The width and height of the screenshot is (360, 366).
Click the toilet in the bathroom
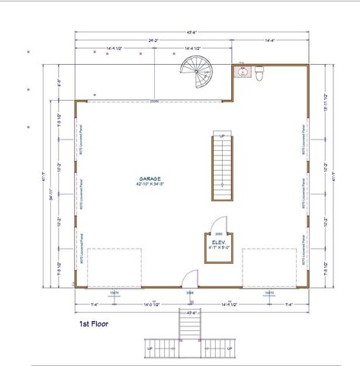(x=259, y=73)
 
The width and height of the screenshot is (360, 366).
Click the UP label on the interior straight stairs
(x=222, y=136)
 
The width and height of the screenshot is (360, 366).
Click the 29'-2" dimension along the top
(x=153, y=39)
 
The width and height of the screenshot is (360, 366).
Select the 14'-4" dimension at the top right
(x=270, y=39)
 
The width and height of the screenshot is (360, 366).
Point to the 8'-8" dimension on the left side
(x=59, y=83)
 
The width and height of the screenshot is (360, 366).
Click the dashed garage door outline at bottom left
(x=111, y=267)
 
